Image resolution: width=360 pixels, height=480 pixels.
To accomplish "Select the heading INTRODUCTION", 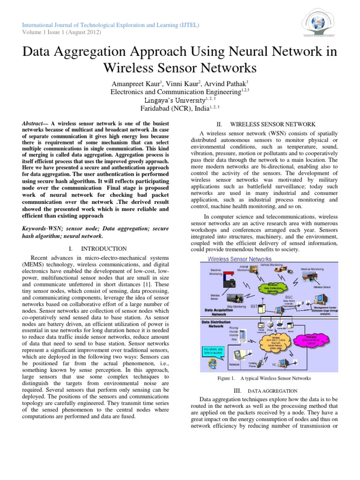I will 104,248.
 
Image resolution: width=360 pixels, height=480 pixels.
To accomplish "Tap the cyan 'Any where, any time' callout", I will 213,351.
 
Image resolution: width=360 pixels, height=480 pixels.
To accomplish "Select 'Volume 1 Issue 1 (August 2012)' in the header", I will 60,32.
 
